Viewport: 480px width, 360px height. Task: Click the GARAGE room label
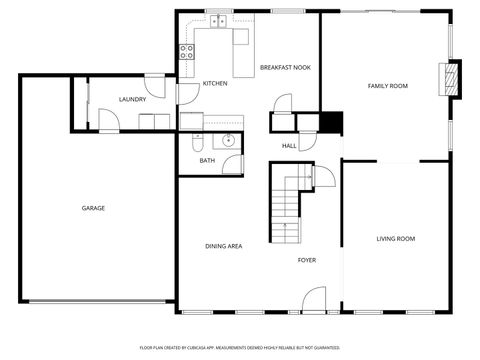pyautogui.click(x=93, y=208)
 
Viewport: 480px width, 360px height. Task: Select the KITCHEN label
pyautogui.click(x=215, y=83)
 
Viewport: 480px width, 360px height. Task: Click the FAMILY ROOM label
pyautogui.click(x=387, y=86)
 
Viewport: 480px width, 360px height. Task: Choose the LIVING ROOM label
pyautogui.click(x=395, y=238)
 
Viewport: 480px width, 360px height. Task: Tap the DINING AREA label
pyautogui.click(x=223, y=245)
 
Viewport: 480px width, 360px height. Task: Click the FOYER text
pyautogui.click(x=307, y=260)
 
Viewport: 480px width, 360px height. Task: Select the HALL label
pyautogui.click(x=289, y=146)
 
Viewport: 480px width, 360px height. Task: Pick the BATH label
pyautogui.click(x=207, y=160)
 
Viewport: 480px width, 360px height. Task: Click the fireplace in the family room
pyautogui.click(x=454, y=80)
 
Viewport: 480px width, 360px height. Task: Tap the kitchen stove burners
pyautogui.click(x=186, y=53)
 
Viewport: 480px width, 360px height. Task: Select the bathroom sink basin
pyautogui.click(x=229, y=140)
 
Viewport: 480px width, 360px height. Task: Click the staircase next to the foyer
pyautogui.click(x=287, y=200)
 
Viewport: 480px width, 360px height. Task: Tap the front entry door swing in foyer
pyautogui.click(x=314, y=298)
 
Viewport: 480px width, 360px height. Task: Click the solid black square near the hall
pyautogui.click(x=329, y=121)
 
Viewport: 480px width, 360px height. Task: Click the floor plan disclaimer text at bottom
pyautogui.click(x=240, y=347)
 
